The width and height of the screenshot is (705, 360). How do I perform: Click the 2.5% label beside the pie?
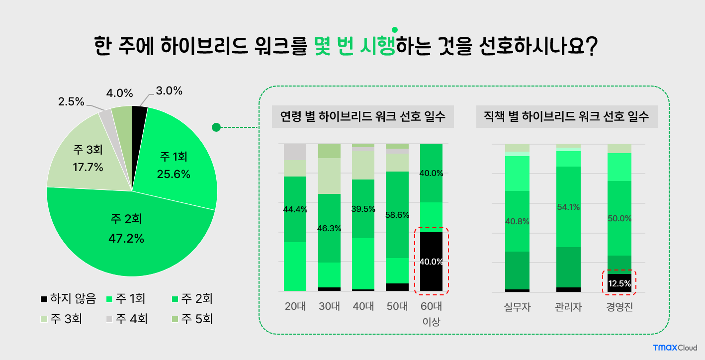coord(71,102)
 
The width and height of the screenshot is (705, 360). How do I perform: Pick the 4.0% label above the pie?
coord(120,93)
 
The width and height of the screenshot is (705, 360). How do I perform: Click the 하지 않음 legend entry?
coord(68,299)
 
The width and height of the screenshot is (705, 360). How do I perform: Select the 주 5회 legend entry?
coord(191,318)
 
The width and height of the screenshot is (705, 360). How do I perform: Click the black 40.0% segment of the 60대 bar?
coord(431,262)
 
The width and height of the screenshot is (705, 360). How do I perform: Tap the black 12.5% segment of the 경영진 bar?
coord(619,283)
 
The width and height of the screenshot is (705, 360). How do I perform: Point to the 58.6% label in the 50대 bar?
coord(397,215)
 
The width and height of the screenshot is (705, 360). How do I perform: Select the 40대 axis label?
coord(363,306)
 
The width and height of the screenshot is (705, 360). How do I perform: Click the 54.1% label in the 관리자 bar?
coord(568,207)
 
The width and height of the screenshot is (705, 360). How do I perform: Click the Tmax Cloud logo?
coord(675,348)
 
